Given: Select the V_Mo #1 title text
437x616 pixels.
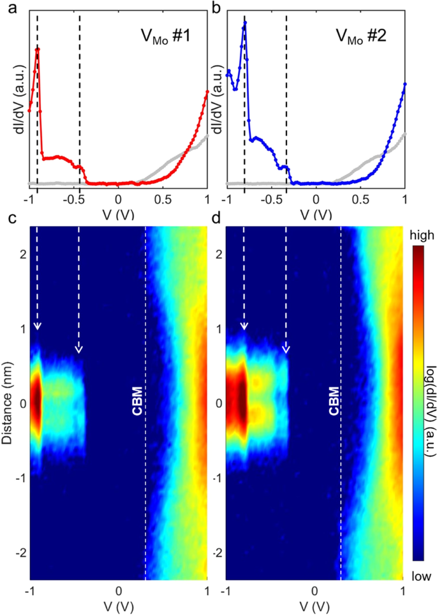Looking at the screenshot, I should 168,36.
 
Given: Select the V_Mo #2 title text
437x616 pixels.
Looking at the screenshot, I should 365,36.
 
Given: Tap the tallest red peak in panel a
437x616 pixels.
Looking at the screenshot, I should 38,49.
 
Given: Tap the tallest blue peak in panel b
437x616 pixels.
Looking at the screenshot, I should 244,23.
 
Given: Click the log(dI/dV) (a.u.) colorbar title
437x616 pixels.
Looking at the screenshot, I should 422,405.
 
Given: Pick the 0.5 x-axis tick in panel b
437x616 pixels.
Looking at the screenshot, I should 360,199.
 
